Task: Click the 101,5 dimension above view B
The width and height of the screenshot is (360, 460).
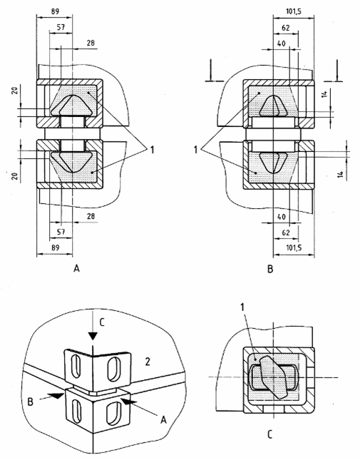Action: (294, 11)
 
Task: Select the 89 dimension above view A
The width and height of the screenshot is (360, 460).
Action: (55, 11)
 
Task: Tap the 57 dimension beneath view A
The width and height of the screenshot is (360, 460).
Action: (61, 232)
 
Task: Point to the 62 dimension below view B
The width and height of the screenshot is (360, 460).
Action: (286, 232)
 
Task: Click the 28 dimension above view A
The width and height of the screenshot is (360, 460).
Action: (91, 43)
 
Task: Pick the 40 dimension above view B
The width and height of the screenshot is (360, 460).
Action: (281, 44)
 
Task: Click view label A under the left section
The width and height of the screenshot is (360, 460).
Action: (76, 268)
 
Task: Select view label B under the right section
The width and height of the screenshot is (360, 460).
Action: (270, 269)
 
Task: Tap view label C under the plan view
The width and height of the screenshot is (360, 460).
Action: (269, 434)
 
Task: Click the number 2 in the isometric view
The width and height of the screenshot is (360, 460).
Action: (148, 362)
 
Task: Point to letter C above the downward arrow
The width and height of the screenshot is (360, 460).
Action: (102, 322)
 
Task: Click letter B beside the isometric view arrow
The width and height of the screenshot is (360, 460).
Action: (30, 402)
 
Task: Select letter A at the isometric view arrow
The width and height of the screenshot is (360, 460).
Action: (163, 420)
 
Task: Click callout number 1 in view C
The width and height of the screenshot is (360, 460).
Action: (242, 307)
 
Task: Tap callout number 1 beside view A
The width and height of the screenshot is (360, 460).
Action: (152, 150)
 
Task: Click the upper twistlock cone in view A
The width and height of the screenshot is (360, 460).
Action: (72, 105)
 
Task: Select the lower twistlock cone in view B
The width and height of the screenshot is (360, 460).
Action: (273, 162)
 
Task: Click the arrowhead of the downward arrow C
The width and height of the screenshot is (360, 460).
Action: (93, 336)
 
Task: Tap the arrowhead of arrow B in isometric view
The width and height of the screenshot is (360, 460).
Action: (58, 396)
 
